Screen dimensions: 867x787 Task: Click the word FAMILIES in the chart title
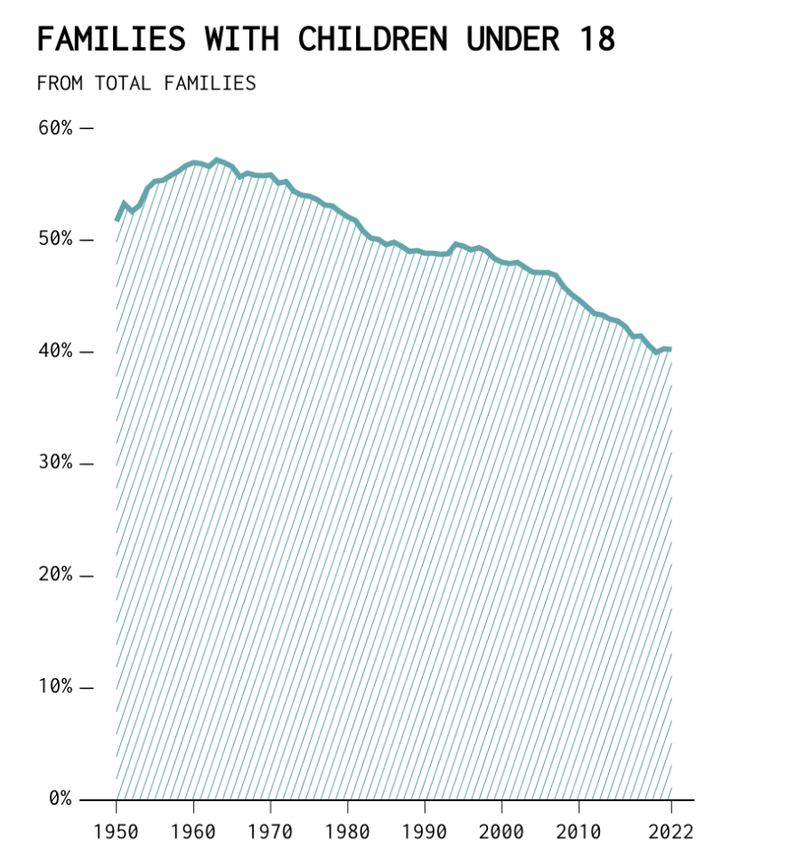[x=111, y=40]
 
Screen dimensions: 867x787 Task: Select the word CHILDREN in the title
[x=372, y=40]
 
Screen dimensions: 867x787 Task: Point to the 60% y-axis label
[x=55, y=128]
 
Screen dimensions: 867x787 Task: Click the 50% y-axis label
[x=55, y=240]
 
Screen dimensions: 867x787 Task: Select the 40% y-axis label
[x=55, y=351]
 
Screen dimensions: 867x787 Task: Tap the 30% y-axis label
[x=55, y=463]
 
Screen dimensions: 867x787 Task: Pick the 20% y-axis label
[x=55, y=575]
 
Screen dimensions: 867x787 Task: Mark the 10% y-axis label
[x=55, y=687]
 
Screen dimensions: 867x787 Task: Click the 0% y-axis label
[x=60, y=799]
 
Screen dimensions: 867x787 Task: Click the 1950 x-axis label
[x=117, y=831]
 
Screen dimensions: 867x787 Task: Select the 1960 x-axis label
[x=193, y=831]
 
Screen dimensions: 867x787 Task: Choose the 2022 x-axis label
[x=670, y=831]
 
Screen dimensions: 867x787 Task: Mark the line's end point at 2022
[x=670, y=349]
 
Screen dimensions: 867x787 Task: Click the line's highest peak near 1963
[x=217, y=161]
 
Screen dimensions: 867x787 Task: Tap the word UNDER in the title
[x=518, y=40]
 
